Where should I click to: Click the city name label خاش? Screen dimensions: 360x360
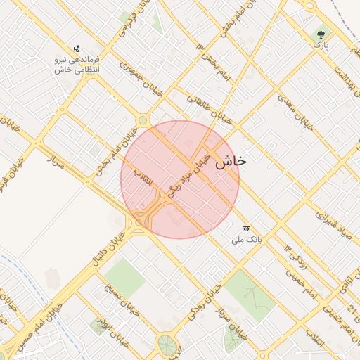tap(231, 161)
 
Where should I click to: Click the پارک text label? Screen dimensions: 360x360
tap(321, 46)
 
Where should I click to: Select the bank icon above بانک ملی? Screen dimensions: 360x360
tap(246, 229)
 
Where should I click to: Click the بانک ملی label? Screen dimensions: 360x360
tap(246, 240)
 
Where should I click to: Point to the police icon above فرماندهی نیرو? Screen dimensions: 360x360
tap(77, 49)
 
